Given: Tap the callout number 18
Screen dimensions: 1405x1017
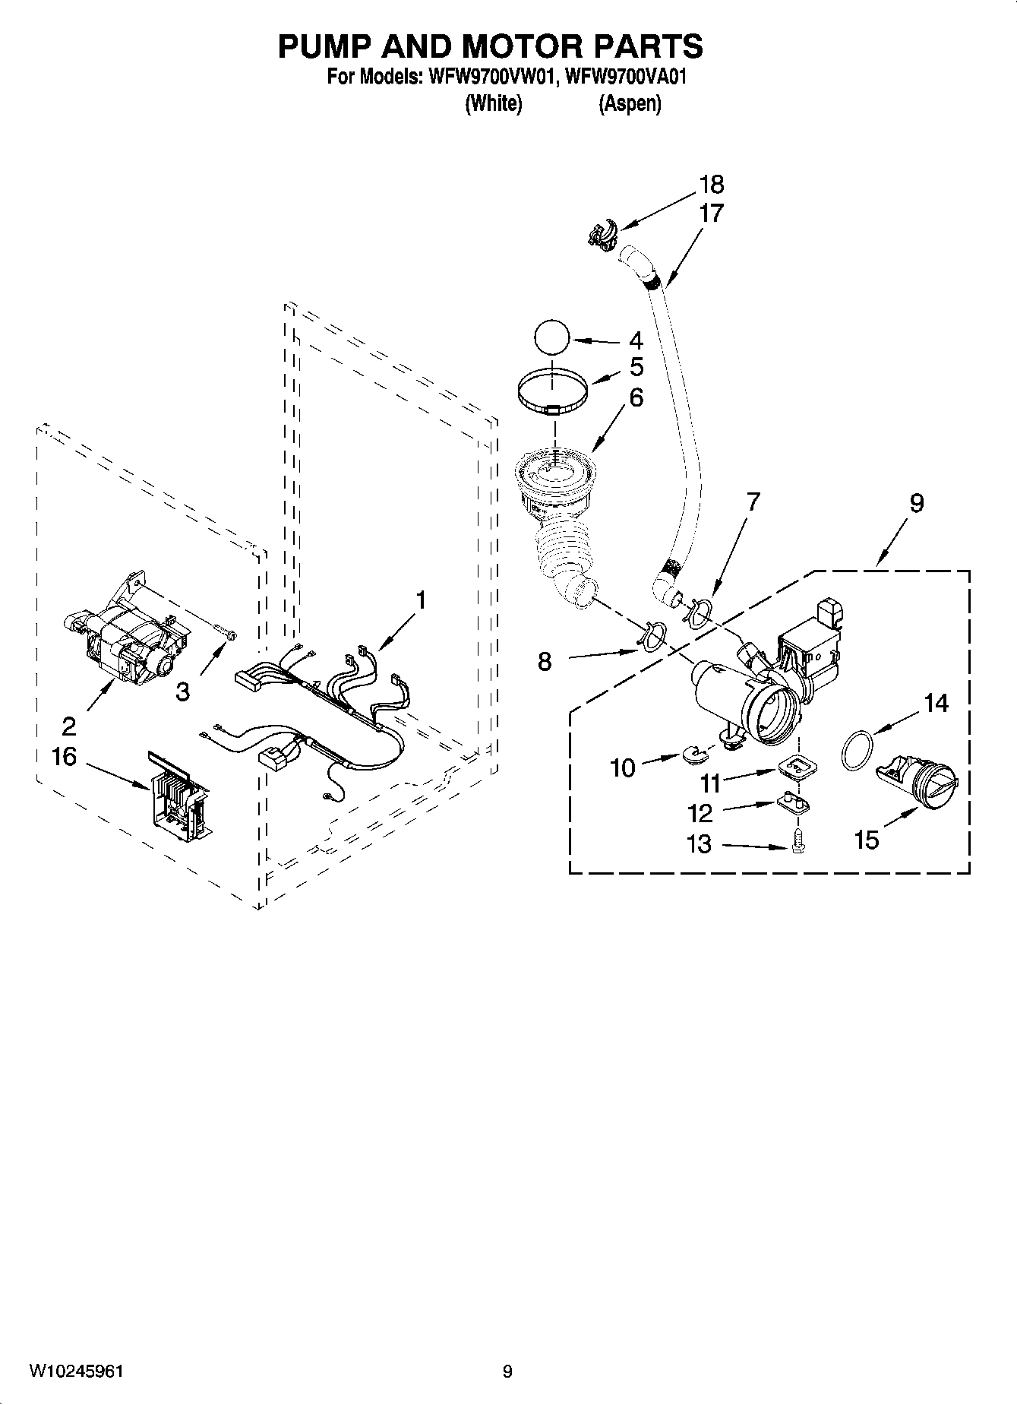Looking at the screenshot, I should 711,185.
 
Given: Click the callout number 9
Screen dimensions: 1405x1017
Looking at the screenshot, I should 916,502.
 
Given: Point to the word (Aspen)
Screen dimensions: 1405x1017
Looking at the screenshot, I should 630,103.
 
